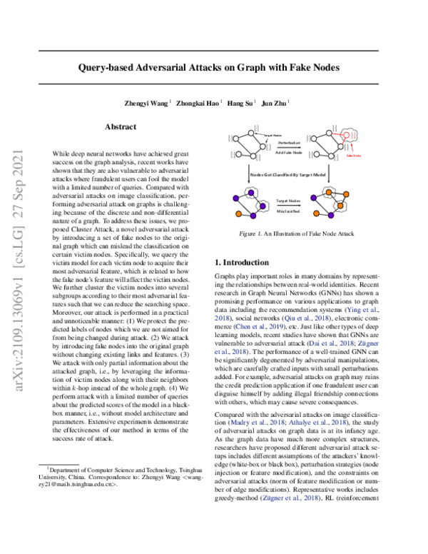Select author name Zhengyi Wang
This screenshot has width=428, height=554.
point(147,104)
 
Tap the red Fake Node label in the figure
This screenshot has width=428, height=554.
point(353,155)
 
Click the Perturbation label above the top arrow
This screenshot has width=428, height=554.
point(288,143)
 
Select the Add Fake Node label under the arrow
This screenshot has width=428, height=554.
point(288,153)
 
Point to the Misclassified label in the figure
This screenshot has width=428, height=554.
point(288,212)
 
